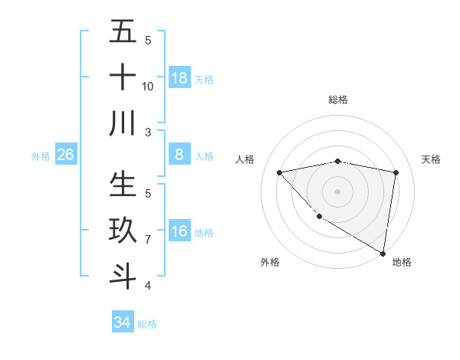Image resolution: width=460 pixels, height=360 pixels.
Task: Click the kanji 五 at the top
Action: click(123, 33)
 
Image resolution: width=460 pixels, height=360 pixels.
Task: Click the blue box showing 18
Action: click(179, 77)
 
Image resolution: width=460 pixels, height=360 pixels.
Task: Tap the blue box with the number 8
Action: click(179, 155)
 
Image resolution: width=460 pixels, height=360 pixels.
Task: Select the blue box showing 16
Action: click(179, 231)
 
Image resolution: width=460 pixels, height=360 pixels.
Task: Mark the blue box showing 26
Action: click(66, 155)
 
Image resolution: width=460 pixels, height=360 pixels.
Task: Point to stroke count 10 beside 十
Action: click(148, 87)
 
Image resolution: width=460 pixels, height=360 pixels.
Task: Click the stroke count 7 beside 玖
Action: click(148, 240)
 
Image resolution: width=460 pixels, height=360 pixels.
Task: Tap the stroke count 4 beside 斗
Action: click(148, 285)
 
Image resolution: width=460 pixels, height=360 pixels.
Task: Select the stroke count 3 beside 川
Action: click(148, 132)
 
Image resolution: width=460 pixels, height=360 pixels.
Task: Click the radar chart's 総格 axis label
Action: click(338, 100)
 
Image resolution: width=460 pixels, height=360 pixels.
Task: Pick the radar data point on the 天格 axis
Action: click(396, 172)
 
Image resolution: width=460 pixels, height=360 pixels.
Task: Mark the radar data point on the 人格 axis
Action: click(279, 172)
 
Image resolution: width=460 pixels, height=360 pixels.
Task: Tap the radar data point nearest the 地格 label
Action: click(383, 253)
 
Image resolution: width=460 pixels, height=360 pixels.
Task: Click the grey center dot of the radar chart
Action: click(338, 191)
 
